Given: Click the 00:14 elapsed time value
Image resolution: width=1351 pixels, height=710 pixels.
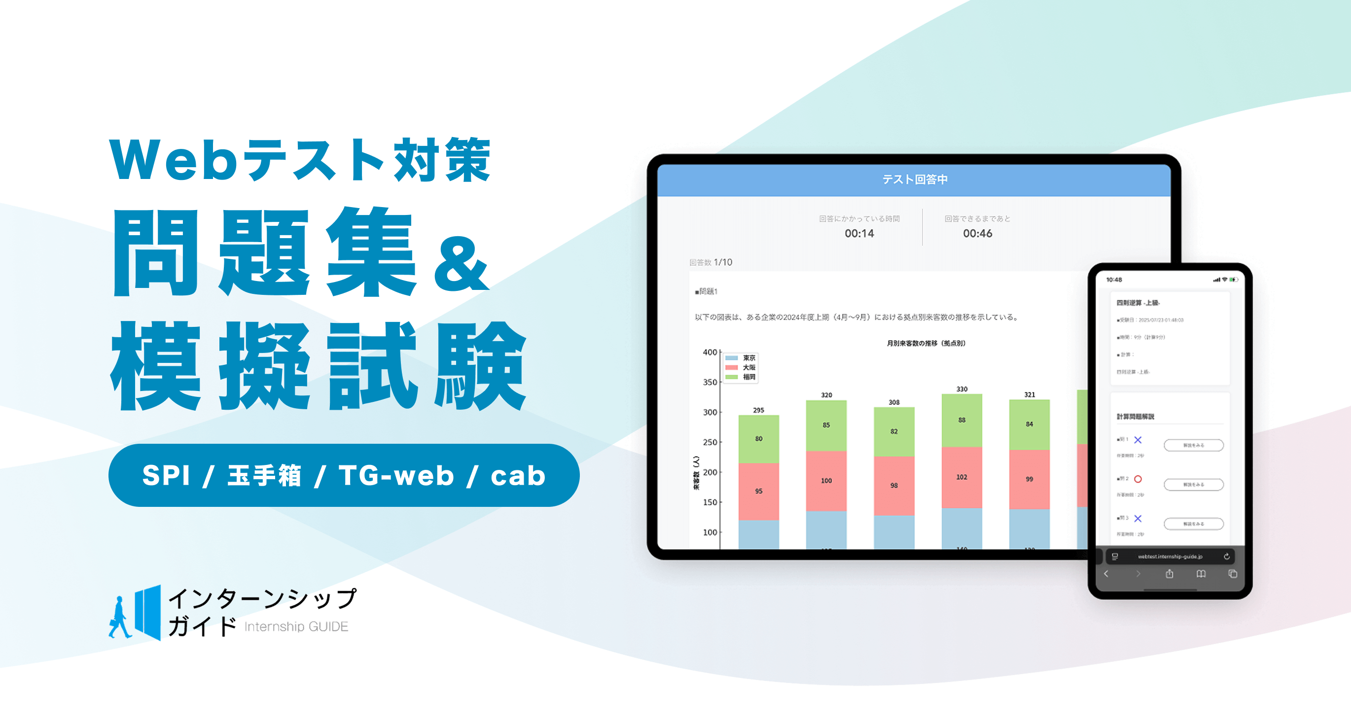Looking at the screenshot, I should (859, 233).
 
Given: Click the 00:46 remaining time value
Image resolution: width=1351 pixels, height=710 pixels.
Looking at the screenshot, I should (977, 233).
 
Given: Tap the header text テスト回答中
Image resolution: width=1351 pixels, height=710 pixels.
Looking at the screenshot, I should (915, 179).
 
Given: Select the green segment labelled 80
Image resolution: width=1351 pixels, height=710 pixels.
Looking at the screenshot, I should (758, 439).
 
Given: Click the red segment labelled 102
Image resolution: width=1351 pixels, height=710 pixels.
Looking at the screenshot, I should (961, 477).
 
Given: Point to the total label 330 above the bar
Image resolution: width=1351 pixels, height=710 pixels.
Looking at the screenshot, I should (962, 389).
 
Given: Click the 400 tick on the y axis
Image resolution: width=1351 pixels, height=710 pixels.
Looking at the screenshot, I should (710, 352).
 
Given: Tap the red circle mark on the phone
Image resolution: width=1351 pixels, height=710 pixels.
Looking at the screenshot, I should (1138, 479).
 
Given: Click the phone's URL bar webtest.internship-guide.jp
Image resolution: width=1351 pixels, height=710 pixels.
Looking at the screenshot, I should (1170, 556).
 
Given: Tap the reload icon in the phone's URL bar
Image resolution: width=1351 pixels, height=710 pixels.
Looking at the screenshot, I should (1227, 556).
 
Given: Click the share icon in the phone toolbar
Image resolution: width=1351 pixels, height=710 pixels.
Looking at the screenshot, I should (1170, 573).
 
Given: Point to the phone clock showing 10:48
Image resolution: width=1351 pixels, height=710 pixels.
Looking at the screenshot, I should (1114, 280).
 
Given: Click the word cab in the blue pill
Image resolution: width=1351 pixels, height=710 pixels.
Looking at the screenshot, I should (518, 476).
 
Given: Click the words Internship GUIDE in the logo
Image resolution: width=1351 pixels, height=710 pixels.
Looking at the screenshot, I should (296, 627).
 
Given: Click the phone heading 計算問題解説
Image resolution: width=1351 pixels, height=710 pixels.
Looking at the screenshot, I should (1135, 416).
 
